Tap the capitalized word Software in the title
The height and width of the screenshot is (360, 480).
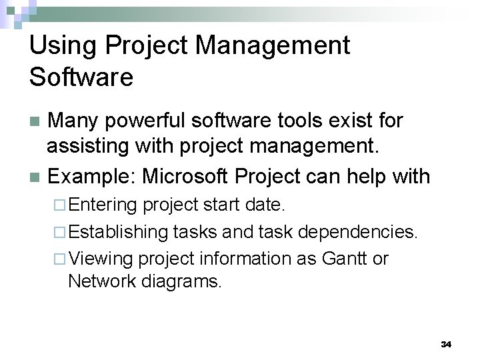click(81, 77)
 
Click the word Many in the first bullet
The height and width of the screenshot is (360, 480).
click(75, 121)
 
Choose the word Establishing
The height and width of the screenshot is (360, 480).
click(119, 232)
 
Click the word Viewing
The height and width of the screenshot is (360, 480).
click(101, 259)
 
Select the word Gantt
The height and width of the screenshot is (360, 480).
click(345, 258)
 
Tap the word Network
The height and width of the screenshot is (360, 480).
click(102, 281)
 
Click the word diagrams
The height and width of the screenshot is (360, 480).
click(181, 281)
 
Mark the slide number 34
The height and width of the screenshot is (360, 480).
click(447, 345)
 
